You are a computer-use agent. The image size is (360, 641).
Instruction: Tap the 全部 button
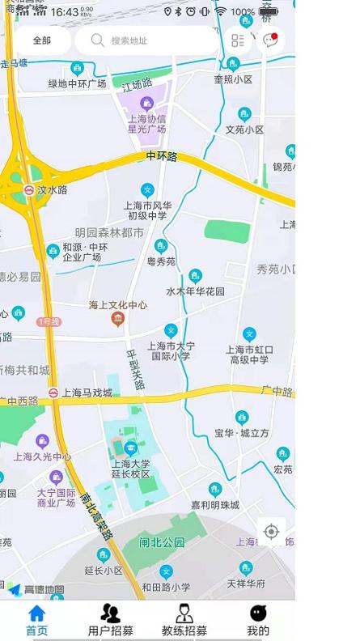[41, 40]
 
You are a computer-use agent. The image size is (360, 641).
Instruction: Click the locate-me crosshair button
[271, 532]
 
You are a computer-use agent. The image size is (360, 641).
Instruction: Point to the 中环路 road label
[162, 155]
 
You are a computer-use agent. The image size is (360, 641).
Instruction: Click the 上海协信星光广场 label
[146, 123]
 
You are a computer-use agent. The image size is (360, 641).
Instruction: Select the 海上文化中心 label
[118, 306]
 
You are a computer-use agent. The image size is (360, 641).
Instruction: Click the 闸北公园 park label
[162, 542]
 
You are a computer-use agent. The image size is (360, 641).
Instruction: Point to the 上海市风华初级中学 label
[146, 210]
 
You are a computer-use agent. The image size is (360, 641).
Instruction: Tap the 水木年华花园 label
[195, 291]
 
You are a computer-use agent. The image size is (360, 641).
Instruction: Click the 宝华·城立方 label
[242, 433]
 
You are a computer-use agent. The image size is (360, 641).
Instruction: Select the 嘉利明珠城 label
[214, 504]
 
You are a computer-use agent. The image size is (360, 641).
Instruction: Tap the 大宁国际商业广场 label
[56, 497]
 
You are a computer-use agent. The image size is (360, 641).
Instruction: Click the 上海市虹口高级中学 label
[251, 354]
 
